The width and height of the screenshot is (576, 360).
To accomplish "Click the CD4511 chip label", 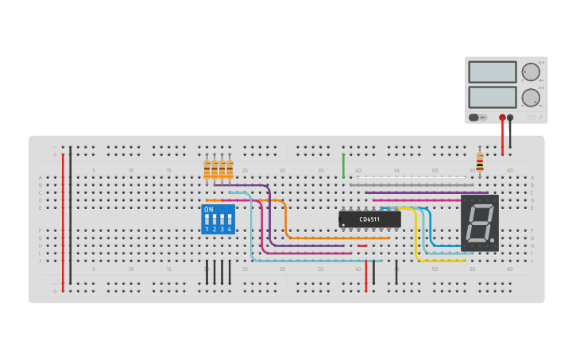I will [x=369, y=219].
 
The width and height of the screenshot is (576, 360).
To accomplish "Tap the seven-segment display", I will [x=480, y=223].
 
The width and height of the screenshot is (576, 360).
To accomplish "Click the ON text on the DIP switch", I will [x=208, y=210].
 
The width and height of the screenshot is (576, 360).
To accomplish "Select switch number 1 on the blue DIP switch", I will [x=207, y=220].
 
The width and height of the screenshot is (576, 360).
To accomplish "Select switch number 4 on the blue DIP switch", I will [x=230, y=220].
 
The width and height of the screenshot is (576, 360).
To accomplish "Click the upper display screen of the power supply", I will [x=493, y=72].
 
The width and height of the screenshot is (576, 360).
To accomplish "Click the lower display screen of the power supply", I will [x=493, y=98].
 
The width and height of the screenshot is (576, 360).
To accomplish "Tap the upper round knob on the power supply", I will [x=530, y=72].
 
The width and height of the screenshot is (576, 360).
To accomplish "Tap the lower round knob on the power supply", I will [x=530, y=98].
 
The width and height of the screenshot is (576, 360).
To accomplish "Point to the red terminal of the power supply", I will [x=502, y=118].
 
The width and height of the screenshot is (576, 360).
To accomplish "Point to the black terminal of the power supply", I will [x=510, y=118].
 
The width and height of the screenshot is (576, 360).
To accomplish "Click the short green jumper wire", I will [x=343, y=165].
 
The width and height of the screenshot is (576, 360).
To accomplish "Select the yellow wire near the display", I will [x=416, y=238].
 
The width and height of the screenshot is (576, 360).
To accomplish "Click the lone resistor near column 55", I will [x=479, y=161].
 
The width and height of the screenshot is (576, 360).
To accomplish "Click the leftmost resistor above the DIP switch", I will [x=207, y=168].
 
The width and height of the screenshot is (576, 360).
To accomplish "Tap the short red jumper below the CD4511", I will [x=362, y=246].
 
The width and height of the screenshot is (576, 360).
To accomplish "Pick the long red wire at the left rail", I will [x=63, y=223].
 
